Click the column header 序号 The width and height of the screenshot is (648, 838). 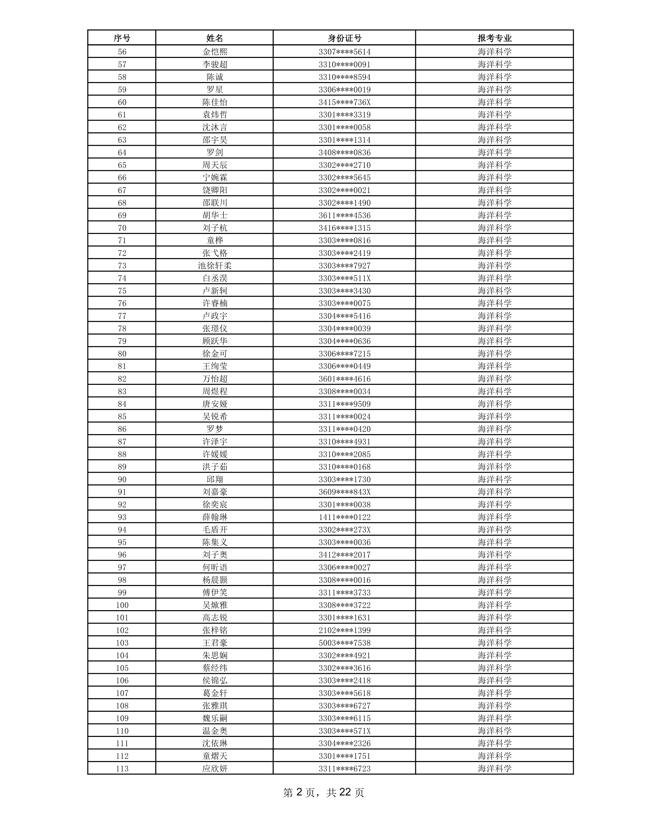[x=122, y=38]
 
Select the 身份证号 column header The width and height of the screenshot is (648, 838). [x=344, y=38]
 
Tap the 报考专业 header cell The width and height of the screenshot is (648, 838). [x=495, y=38]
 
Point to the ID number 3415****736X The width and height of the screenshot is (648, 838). [x=344, y=102]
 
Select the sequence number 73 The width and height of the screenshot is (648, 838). [x=122, y=265]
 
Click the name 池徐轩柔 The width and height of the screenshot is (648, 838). [x=214, y=265]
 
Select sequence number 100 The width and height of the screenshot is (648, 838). [x=122, y=605]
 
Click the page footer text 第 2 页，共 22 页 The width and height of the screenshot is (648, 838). [x=323, y=792]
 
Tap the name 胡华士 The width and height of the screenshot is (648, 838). [x=214, y=215]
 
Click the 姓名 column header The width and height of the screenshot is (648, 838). [x=214, y=38]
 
